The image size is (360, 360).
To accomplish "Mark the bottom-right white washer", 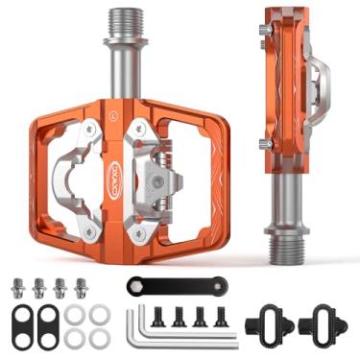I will click(98, 337).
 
